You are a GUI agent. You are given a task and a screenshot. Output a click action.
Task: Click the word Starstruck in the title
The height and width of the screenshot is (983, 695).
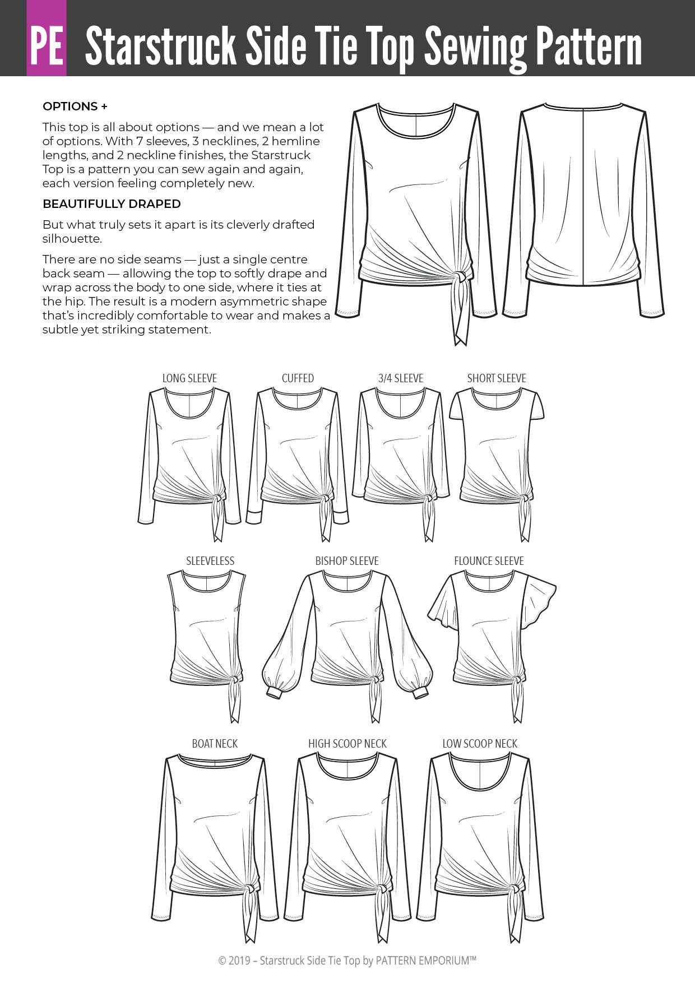click(x=160, y=47)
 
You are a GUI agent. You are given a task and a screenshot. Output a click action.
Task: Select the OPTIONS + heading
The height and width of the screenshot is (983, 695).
click(x=75, y=106)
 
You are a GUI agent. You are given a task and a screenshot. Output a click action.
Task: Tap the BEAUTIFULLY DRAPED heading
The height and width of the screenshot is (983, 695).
click(x=112, y=204)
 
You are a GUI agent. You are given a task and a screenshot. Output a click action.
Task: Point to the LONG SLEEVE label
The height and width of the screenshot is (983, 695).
click(x=189, y=378)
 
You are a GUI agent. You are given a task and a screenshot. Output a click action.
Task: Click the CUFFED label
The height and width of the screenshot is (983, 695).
click(x=298, y=378)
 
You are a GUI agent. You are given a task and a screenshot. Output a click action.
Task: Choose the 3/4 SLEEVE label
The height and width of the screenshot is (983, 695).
click(x=401, y=378)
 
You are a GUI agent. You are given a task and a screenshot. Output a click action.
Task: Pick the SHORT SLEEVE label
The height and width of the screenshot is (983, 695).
click(x=497, y=378)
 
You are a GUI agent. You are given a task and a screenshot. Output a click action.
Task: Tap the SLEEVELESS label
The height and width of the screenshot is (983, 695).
click(x=210, y=561)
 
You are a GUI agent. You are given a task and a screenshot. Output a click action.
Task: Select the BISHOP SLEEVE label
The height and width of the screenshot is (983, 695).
click(x=347, y=561)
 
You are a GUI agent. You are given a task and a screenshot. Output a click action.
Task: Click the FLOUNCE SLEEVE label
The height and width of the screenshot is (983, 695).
click(x=489, y=561)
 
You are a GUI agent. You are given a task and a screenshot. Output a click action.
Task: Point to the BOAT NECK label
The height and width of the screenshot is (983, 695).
click(x=215, y=744)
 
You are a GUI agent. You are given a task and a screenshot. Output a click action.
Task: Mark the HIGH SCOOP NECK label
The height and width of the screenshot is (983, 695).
click(x=347, y=744)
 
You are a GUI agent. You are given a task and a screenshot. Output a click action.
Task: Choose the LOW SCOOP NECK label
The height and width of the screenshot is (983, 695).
click(x=480, y=744)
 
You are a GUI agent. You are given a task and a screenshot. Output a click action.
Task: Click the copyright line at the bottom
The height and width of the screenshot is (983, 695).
click(x=347, y=961)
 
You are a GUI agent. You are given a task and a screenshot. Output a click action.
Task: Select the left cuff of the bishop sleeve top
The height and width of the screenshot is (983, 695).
click(x=274, y=692)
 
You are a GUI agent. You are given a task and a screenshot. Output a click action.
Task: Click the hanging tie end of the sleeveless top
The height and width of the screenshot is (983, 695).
click(x=234, y=703)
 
